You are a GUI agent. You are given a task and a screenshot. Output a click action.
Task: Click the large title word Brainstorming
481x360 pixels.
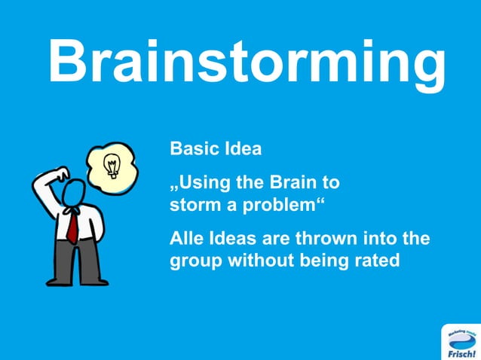pos(246,64)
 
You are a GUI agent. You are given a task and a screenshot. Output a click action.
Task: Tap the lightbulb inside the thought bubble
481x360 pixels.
pos(112,163)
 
